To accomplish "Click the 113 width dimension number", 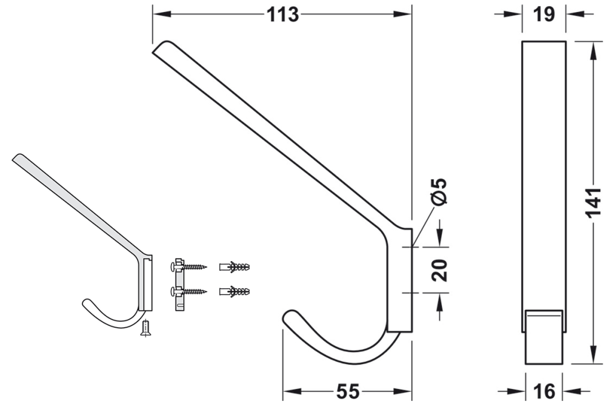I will click(283, 14).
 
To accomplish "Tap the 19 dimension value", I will click(545, 14).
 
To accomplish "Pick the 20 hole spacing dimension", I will click(441, 270).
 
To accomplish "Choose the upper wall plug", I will click(235, 267).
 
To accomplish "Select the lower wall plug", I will click(235, 291).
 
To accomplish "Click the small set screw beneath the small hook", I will click(145, 329).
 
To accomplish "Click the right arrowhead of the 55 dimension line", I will click(407, 391).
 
